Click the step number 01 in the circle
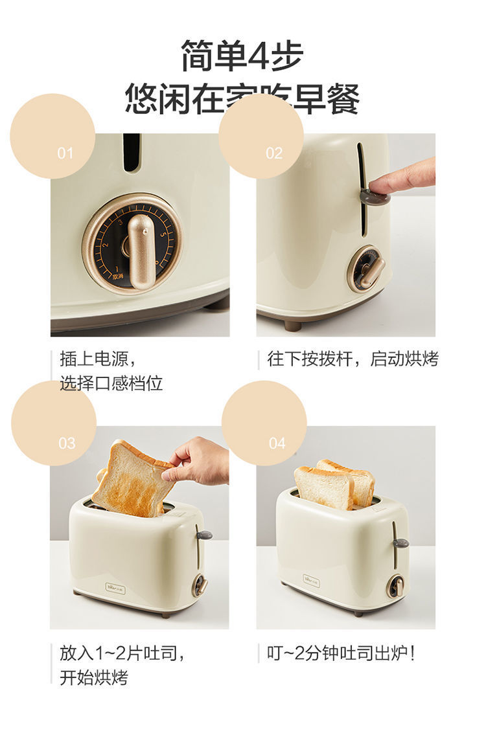click(65, 153)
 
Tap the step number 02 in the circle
click(274, 153)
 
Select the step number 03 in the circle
click(67, 443)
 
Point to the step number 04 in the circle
click(277, 443)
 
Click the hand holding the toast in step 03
click(198, 461)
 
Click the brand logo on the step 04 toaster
click(311, 579)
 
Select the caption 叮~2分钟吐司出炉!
click(341, 653)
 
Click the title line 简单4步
click(242, 56)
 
